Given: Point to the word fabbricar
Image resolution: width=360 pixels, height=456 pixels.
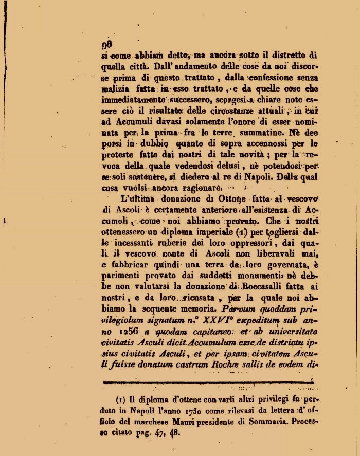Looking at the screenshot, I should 123,266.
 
